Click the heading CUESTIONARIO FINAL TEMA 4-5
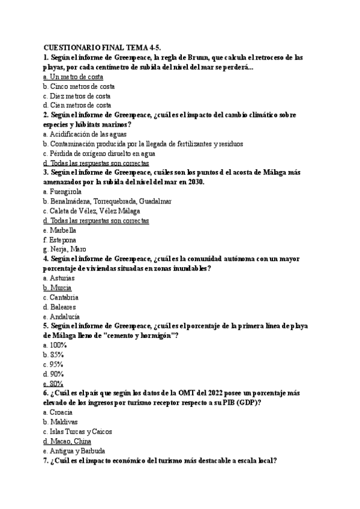pos(103,47)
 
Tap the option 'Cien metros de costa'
pos(77,105)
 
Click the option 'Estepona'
pos(59,239)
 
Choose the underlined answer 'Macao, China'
pos(69,441)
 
